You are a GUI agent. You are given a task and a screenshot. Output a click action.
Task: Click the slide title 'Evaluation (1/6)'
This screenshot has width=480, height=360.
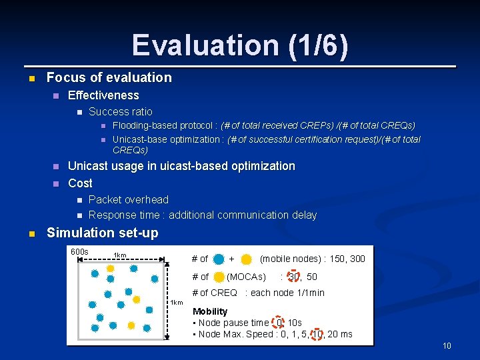tap(240, 45)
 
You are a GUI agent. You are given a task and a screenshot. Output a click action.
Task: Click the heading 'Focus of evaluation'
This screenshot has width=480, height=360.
tap(109, 77)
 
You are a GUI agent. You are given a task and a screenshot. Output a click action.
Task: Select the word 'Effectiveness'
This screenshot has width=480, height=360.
tap(103, 95)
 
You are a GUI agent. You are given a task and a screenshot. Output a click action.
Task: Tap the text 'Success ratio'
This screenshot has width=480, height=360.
tap(120, 111)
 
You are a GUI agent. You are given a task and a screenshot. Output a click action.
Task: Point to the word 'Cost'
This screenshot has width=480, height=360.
tap(80, 183)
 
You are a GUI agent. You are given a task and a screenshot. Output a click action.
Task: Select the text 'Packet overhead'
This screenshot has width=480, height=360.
tap(128, 199)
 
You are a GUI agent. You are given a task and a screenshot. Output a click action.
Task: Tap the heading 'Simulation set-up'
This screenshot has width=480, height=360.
tap(102, 233)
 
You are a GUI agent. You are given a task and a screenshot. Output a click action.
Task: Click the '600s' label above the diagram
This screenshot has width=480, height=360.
tap(79, 252)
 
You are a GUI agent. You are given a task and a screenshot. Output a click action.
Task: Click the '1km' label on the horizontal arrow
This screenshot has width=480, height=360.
tap(120, 255)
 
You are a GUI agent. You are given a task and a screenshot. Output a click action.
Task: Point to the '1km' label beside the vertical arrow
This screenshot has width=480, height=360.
tap(177, 303)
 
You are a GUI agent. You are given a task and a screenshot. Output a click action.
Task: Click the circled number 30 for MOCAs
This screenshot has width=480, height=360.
tap(294, 277)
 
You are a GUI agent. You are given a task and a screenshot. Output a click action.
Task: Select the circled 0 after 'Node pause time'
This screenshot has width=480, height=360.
tap(280, 323)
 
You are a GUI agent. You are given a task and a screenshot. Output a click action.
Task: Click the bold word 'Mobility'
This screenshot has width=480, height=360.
tap(210, 311)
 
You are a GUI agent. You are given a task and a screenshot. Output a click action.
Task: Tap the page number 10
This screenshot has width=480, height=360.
tap(447, 346)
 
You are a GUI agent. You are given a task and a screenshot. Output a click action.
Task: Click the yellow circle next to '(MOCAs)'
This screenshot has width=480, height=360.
tap(219, 277)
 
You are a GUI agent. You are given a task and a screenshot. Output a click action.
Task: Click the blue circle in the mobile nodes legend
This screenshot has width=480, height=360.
tap(219, 259)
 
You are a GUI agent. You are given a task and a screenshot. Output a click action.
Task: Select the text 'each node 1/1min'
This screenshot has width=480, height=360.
tap(287, 293)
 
